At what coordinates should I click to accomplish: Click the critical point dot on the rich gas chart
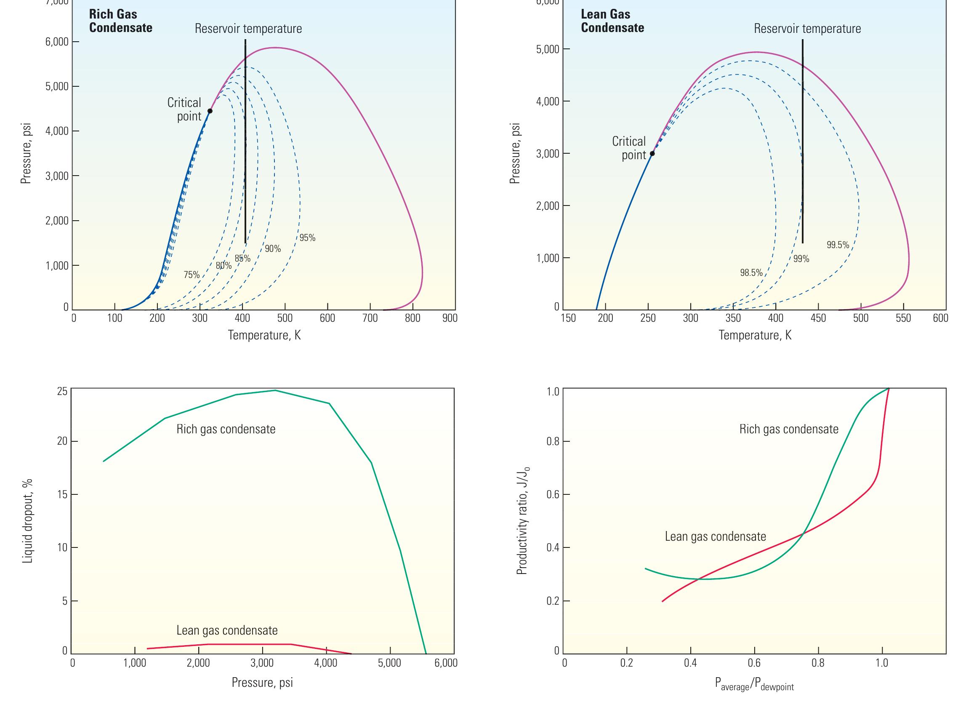click(210, 111)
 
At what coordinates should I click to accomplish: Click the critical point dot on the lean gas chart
click(652, 153)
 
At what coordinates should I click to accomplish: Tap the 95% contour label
click(307, 238)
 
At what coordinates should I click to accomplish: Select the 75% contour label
click(192, 275)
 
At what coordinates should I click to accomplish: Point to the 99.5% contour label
click(838, 245)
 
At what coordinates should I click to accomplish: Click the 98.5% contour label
click(751, 273)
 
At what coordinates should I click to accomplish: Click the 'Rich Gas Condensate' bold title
click(120, 21)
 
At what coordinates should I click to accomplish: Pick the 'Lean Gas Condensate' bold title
click(612, 21)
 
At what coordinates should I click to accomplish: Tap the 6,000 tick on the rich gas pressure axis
click(57, 42)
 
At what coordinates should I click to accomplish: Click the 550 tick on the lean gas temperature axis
click(903, 318)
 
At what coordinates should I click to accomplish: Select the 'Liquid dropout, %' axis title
click(28, 521)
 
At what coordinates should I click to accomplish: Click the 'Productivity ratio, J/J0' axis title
click(523, 520)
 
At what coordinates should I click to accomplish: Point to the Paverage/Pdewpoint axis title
click(754, 684)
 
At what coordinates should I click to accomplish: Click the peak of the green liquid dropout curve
click(275, 390)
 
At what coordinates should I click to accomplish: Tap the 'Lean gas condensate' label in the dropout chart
click(227, 630)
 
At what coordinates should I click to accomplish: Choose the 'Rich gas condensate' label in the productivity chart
click(788, 429)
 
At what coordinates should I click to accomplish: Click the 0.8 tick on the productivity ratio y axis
click(553, 441)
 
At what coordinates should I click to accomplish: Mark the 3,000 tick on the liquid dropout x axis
click(262, 663)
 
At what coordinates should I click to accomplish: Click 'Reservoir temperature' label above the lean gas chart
click(807, 29)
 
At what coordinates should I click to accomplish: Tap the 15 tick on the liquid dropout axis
click(62, 495)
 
